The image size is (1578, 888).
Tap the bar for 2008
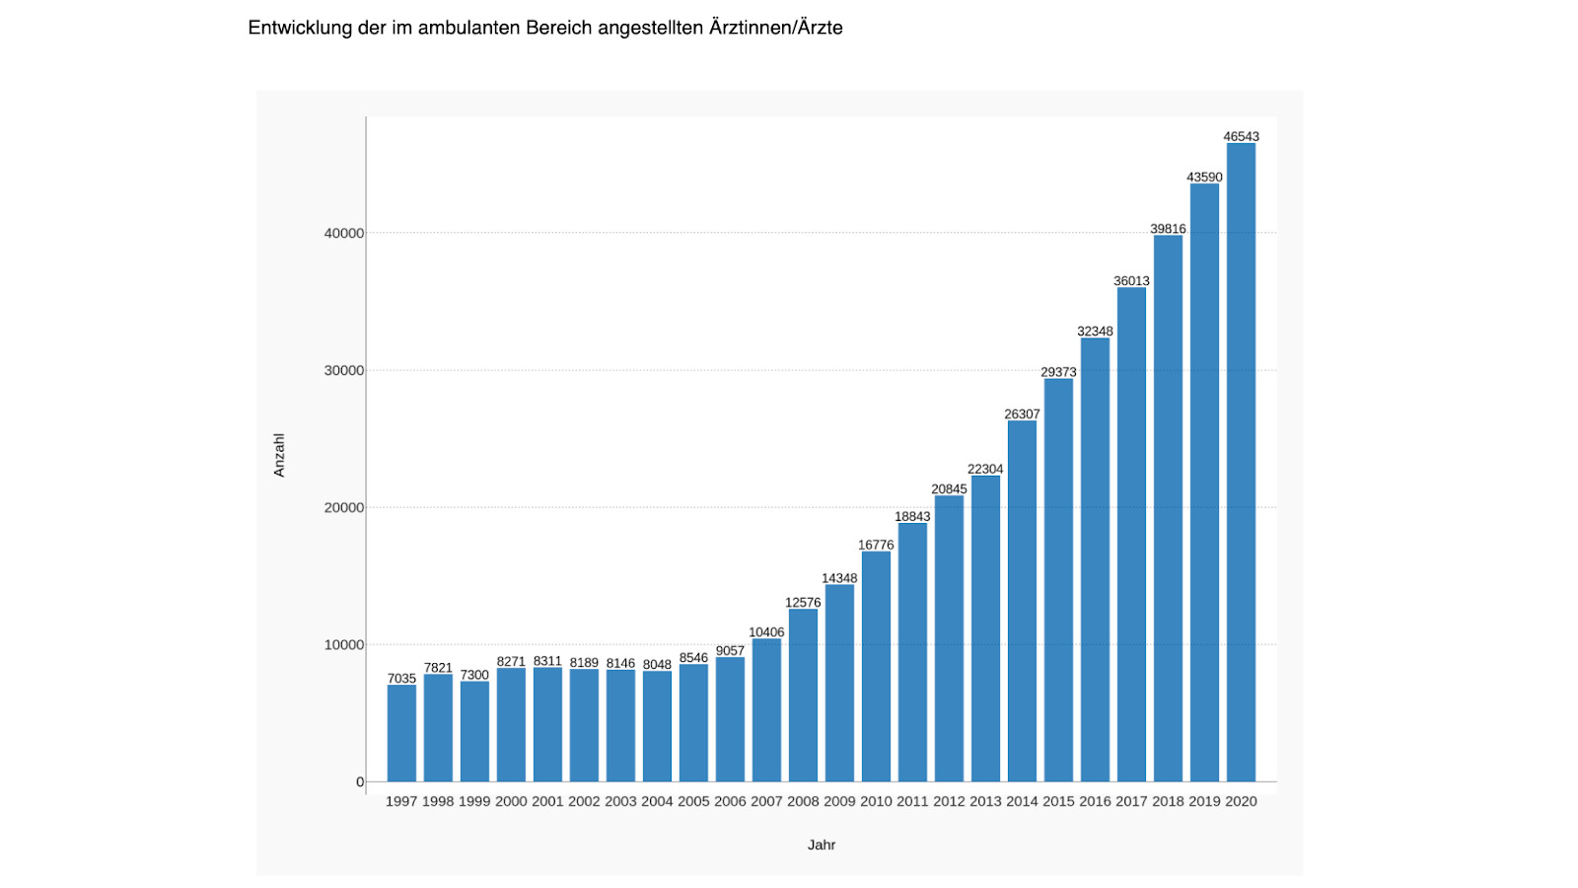(x=803, y=695)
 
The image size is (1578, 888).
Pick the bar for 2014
(x=1022, y=601)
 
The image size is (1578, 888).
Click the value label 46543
(x=1241, y=137)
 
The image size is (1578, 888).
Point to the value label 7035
(x=401, y=679)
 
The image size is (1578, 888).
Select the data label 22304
(x=985, y=470)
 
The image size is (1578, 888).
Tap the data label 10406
(x=766, y=632)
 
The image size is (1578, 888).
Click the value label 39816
(x=1168, y=229)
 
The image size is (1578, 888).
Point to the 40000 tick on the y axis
(x=344, y=234)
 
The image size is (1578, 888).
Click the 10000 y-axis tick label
(x=344, y=645)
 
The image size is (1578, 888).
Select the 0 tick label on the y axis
(x=360, y=782)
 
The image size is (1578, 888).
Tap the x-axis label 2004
(x=657, y=801)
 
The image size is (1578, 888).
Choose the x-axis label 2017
(x=1131, y=801)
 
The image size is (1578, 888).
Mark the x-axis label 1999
(x=474, y=801)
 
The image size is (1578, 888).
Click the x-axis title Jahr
(x=822, y=845)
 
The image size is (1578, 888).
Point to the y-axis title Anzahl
(x=279, y=455)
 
